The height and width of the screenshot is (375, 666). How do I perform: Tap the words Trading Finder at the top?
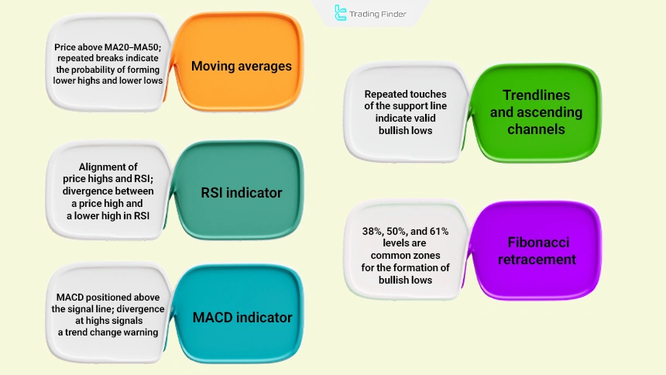pyautogui.click(x=378, y=13)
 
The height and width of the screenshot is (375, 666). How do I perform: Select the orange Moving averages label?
pyautogui.click(x=241, y=66)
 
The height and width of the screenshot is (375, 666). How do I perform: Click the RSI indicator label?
pyautogui.click(x=241, y=192)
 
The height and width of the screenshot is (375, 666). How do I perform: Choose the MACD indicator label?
pyautogui.click(x=242, y=317)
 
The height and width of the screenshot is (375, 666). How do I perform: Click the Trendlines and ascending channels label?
pyautogui.click(x=536, y=112)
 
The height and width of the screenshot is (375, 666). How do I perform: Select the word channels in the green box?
pyautogui.click(x=536, y=129)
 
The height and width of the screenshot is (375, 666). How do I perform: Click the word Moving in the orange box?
pyautogui.click(x=213, y=66)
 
